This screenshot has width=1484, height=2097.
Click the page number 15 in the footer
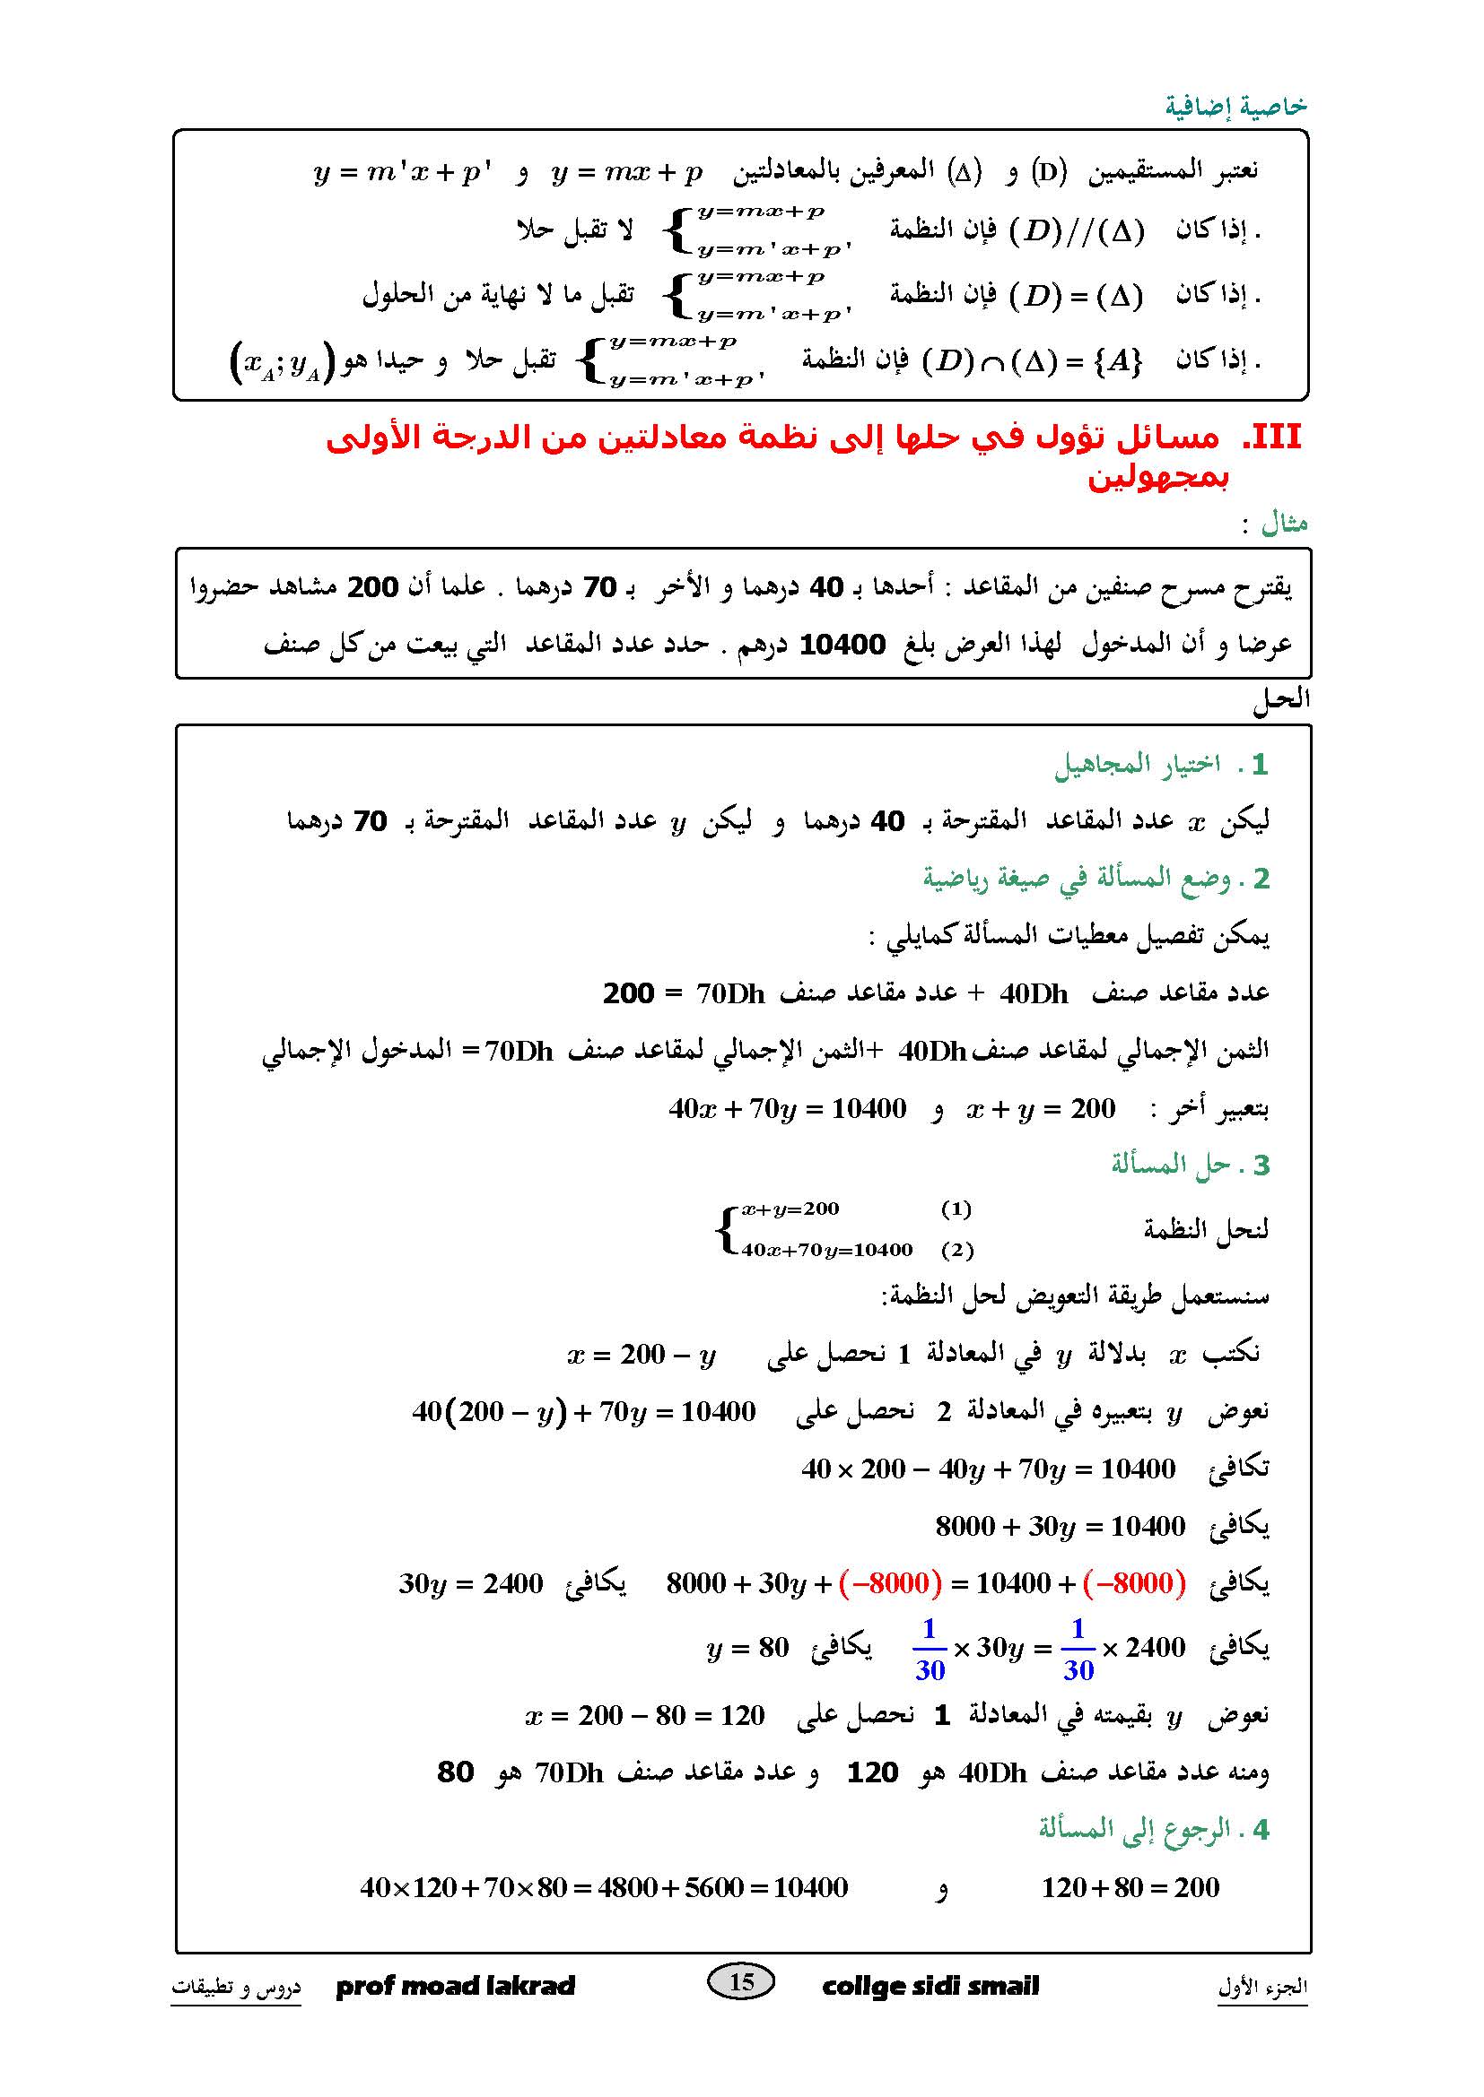tap(741, 1981)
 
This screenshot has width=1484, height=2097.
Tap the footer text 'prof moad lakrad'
tap(456, 1986)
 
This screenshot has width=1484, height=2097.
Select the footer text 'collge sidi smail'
tap(930, 1986)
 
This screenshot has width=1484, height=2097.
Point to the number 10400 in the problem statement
tap(842, 645)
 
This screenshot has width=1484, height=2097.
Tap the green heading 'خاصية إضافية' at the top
tap(1235, 107)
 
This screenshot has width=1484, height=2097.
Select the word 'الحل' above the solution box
tap(1281, 700)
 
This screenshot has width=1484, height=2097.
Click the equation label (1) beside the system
tap(956, 1209)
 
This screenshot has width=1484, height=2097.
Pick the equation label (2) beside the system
tap(956, 1250)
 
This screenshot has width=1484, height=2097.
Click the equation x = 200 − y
tap(642, 1355)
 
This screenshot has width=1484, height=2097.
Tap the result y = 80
tap(747, 1648)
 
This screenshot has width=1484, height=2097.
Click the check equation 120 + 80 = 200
tap(1130, 1887)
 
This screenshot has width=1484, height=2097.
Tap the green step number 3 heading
tap(1190, 1165)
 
